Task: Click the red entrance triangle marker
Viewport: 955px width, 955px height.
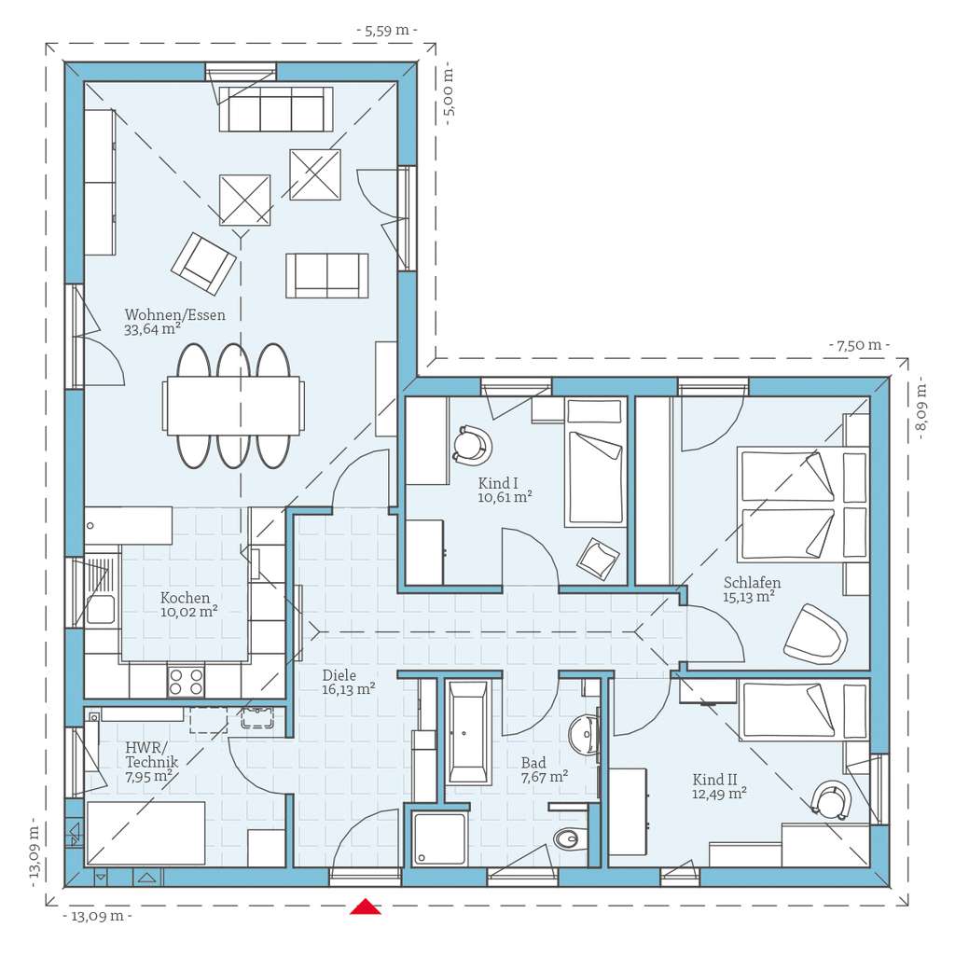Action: tap(366, 907)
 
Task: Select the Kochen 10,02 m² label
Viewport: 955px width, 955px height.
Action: tap(188, 604)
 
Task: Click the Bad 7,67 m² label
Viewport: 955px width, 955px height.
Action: tap(545, 769)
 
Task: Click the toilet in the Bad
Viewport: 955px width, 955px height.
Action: tap(570, 839)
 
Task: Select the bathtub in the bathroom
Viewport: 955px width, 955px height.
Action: tap(468, 732)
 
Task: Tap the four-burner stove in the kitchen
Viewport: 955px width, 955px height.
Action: tap(186, 681)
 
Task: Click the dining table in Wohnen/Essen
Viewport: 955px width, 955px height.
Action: tap(233, 406)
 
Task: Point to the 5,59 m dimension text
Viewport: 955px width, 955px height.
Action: tap(387, 31)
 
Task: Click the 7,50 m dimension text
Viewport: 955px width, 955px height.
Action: tap(859, 345)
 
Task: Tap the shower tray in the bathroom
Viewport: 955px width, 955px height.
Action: tap(440, 838)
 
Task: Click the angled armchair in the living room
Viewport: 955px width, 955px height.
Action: tap(203, 264)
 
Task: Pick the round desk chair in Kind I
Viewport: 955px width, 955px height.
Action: tap(472, 445)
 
